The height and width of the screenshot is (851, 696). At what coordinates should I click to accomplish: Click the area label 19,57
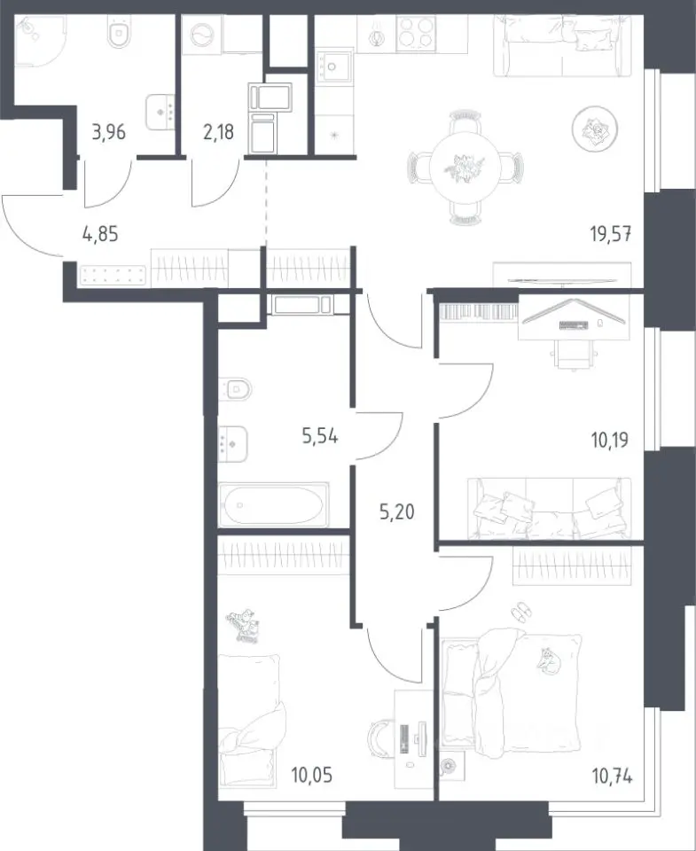click(x=611, y=234)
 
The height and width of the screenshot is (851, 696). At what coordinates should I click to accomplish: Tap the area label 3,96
click(x=108, y=132)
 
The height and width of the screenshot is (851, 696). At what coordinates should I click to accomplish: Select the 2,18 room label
click(x=218, y=132)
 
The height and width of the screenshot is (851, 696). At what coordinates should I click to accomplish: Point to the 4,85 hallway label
click(x=100, y=235)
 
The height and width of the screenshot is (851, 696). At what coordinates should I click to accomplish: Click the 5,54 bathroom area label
click(x=320, y=436)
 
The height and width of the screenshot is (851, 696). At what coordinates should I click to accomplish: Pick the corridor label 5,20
click(x=397, y=511)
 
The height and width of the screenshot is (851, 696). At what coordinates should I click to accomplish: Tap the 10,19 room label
click(x=610, y=441)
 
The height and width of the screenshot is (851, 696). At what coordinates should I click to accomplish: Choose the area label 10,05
click(x=311, y=776)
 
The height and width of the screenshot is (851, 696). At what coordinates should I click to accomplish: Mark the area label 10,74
click(x=612, y=777)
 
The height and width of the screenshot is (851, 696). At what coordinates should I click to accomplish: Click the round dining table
click(x=465, y=168)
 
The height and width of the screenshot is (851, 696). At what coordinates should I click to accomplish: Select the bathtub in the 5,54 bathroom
click(x=274, y=504)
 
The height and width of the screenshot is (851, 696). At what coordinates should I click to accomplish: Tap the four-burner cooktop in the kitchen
click(x=416, y=34)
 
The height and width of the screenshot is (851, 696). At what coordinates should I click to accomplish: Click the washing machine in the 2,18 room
click(x=202, y=35)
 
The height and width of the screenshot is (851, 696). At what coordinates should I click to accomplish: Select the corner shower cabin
click(x=39, y=40)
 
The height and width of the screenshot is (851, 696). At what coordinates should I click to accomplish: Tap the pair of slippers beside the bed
click(x=521, y=612)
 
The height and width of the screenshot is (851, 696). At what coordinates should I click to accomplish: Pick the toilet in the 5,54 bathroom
click(x=236, y=388)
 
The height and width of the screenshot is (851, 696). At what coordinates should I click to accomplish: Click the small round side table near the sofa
click(x=594, y=129)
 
